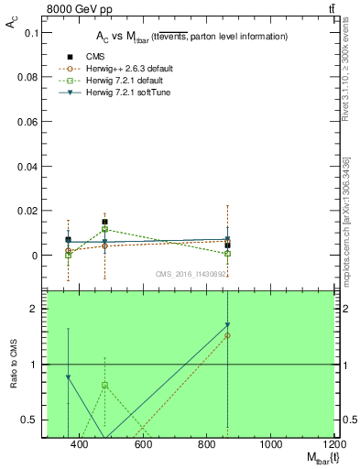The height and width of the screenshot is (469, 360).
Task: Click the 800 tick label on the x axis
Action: click(x=207, y=446)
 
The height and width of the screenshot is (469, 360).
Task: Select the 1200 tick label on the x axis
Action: click(x=333, y=446)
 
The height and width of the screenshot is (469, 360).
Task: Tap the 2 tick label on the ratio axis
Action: click(x=32, y=310)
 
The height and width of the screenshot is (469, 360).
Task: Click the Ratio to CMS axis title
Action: click(x=13, y=365)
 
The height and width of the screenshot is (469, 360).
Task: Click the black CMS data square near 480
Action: click(x=105, y=222)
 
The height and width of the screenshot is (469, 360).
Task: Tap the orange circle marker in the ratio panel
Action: click(x=227, y=335)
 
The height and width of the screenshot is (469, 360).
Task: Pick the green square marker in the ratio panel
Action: click(x=105, y=386)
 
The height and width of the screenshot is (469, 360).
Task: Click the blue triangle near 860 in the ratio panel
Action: click(x=227, y=325)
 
